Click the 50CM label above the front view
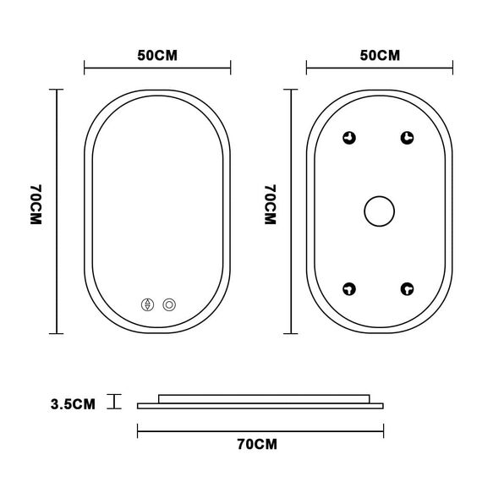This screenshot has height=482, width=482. click(x=157, y=56)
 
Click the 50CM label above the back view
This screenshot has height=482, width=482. click(x=380, y=56)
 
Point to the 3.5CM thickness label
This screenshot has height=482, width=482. click(x=73, y=403)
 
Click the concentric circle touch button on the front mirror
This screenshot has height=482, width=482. click(x=170, y=304)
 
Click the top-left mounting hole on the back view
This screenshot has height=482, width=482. click(x=350, y=139)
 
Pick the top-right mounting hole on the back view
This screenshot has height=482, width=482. click(x=408, y=138)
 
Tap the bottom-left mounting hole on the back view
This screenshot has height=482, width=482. click(x=350, y=288)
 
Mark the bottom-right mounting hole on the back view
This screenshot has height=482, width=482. click(x=408, y=288)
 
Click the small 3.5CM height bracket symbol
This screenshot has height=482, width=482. click(x=114, y=402)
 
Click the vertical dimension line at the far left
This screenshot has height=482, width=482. click(x=57, y=211)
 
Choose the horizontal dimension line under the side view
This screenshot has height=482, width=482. click(x=260, y=427)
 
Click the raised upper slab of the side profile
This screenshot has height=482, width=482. click(x=264, y=397)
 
